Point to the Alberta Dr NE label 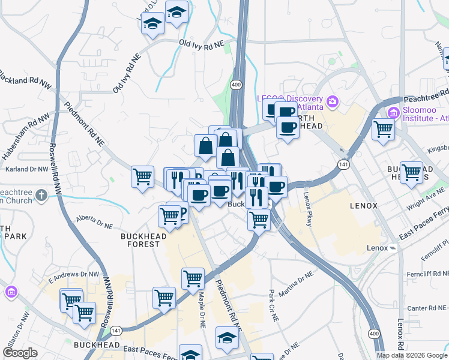(94, 222)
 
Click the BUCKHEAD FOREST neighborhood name (140, 240)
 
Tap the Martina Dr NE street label (300, 282)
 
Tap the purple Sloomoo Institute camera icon (394, 112)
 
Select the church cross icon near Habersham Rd (41, 195)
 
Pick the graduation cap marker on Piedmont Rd (226, 338)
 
